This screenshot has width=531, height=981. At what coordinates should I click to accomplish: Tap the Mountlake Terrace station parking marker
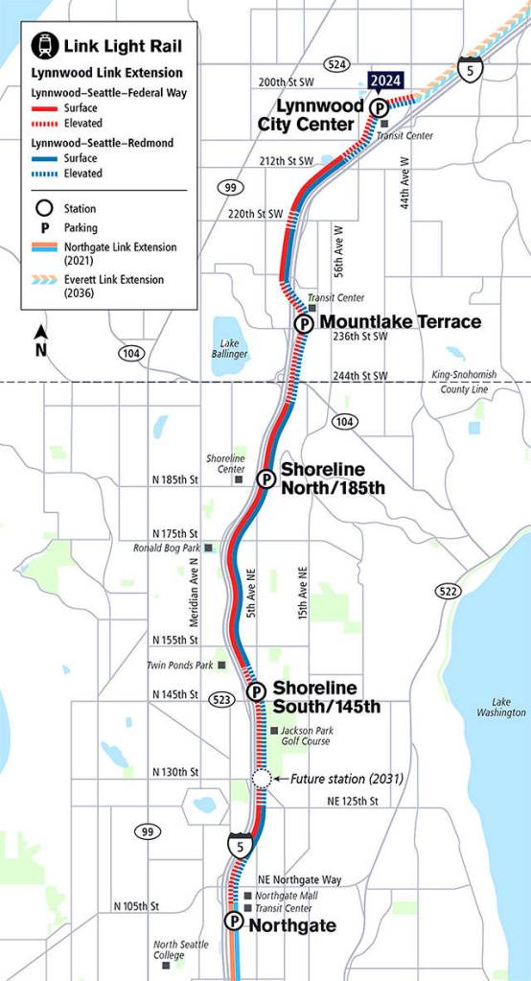point(304,324)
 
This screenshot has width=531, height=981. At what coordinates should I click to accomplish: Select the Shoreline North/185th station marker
point(265,479)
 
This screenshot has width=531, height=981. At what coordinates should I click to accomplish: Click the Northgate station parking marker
point(234,922)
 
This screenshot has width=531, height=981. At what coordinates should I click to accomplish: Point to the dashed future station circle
point(261,779)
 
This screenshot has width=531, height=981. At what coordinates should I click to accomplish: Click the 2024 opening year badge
point(385,82)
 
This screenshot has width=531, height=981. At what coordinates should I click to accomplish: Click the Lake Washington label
point(501,707)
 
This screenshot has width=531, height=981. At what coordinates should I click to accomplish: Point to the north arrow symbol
point(41,339)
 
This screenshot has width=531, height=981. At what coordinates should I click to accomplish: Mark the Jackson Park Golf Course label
point(305,736)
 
